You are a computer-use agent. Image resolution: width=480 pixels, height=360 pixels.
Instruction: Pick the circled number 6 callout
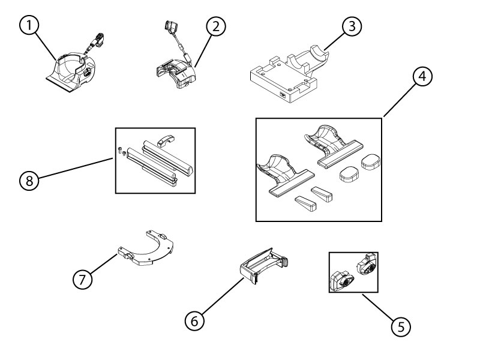point(193,321)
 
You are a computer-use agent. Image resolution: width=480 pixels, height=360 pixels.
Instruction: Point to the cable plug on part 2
point(170,28)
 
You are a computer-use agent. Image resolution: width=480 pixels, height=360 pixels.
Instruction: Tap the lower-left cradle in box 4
point(284,170)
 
